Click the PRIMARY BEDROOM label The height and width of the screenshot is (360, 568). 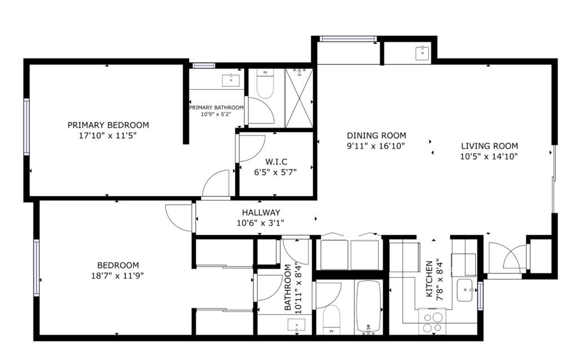click(108, 125)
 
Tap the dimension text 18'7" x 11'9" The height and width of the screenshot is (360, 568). click(118, 276)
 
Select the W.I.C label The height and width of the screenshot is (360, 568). click(276, 161)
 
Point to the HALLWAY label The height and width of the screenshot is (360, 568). click(261, 212)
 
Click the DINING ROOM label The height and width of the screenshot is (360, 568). click(377, 135)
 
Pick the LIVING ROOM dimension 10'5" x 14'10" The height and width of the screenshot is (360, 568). click(489, 156)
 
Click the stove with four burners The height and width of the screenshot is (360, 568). click(433, 321)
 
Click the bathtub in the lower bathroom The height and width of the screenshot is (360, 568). click(369, 307)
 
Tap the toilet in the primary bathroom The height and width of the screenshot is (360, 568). click(265, 84)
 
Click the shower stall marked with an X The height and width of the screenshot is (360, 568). click(299, 98)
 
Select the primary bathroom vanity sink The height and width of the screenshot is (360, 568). click(230, 80)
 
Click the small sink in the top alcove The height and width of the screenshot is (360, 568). click(422, 53)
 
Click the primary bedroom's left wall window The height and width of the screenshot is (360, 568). click(27, 127)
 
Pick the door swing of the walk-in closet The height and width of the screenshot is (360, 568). click(251, 149)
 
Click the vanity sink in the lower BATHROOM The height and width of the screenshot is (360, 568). click(296, 325)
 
